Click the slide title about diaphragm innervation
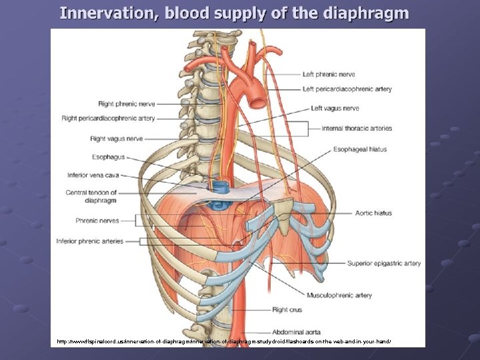(x=234, y=13)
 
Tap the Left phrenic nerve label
(x=329, y=75)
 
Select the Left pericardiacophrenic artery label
(x=347, y=89)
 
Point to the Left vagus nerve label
(x=335, y=108)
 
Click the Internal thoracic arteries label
(x=357, y=128)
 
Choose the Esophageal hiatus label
(x=360, y=149)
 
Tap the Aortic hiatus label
(x=374, y=213)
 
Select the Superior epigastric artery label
(x=384, y=263)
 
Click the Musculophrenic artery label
(x=339, y=295)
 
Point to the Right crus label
(x=288, y=309)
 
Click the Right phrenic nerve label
(x=127, y=104)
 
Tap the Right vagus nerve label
(x=116, y=139)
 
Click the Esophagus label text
(x=108, y=157)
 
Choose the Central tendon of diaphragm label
(x=91, y=196)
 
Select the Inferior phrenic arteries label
(x=90, y=241)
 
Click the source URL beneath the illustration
(x=224, y=341)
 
